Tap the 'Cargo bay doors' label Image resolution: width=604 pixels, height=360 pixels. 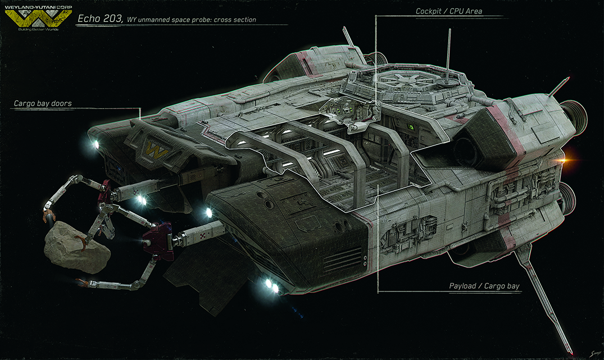[43, 103]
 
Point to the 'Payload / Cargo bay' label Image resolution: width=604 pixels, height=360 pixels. [484, 286]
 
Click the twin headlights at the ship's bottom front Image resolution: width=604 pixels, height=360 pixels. [271, 285]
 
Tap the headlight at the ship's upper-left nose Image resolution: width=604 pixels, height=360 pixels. [94, 144]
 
